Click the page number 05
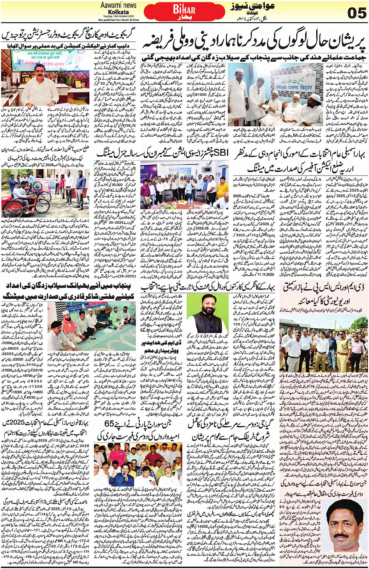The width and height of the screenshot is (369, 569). [x=357, y=13]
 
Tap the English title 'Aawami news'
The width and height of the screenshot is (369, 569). [x=118, y=5]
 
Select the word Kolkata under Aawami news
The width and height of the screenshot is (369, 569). [x=118, y=12]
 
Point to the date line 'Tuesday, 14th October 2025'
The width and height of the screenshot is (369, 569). [x=118, y=16]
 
